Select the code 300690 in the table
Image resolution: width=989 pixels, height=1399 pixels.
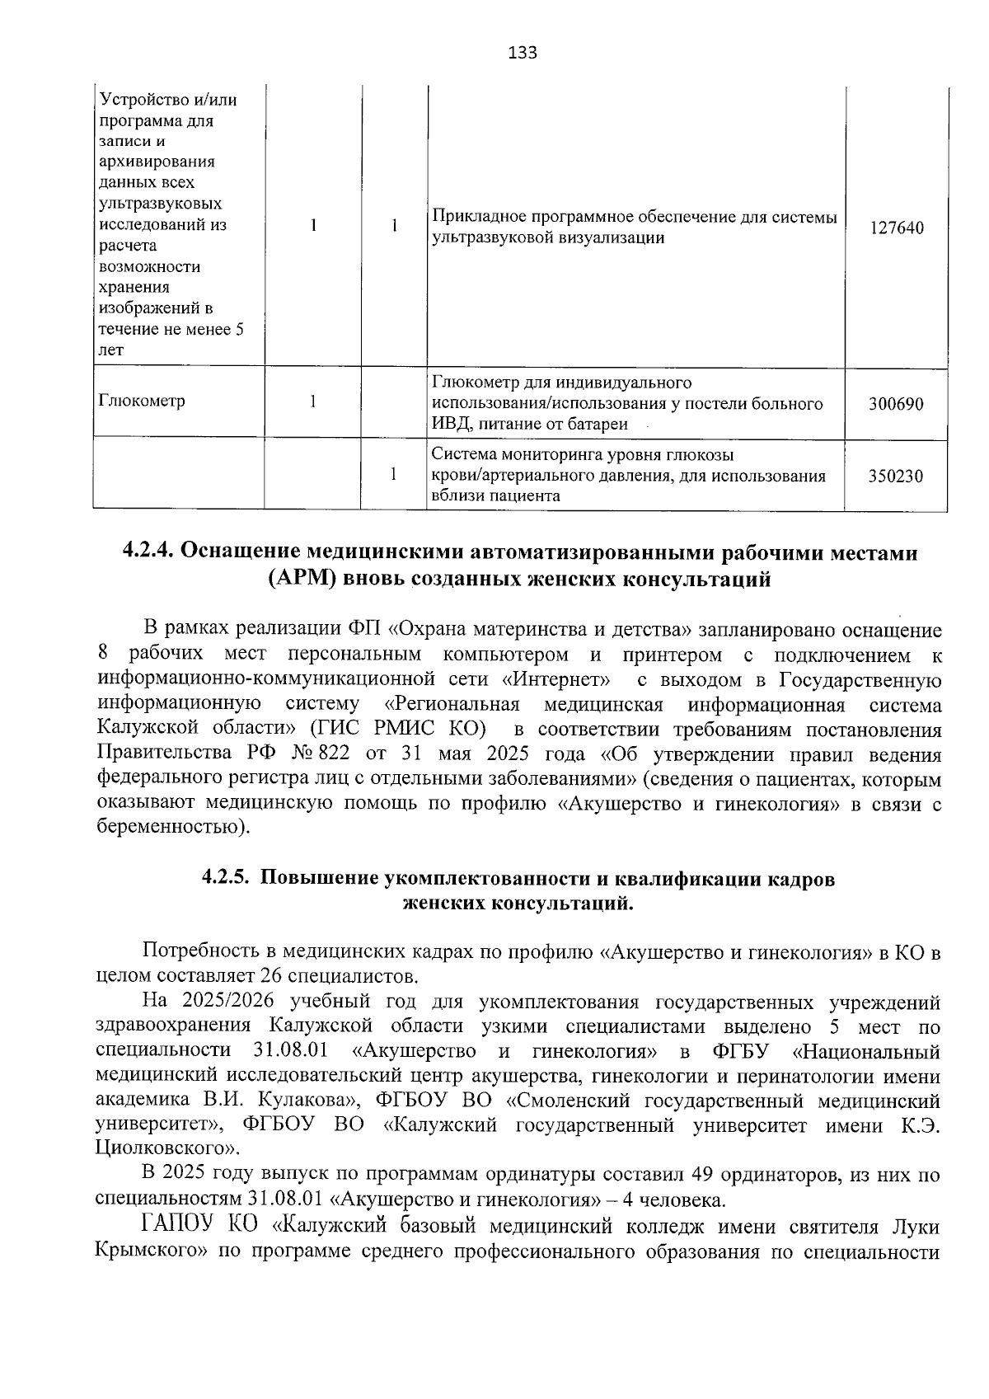[896, 404]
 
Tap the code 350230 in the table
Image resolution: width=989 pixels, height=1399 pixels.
[896, 476]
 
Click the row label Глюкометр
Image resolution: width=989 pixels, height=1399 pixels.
[142, 401]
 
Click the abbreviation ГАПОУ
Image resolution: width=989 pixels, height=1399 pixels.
[178, 1227]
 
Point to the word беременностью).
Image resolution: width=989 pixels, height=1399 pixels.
[172, 827]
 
